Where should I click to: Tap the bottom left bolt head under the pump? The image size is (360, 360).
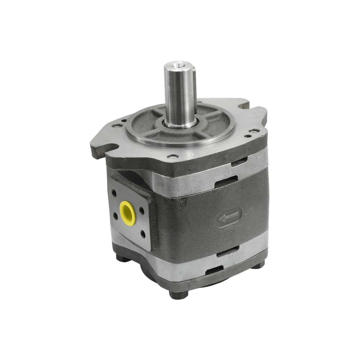point(121,258)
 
